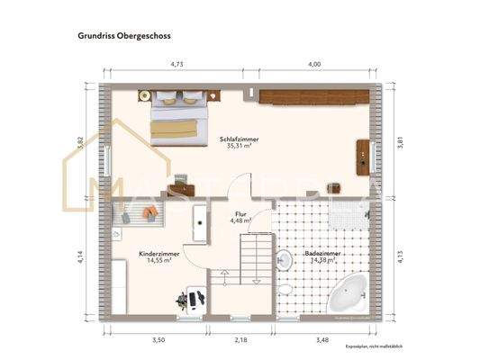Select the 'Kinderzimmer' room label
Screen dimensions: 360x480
[x=158, y=255]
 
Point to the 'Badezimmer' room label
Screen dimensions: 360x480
[x=322, y=255]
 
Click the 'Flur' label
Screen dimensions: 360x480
[x=240, y=214]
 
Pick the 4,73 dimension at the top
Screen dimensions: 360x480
[x=178, y=64]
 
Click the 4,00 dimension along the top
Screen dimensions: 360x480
[x=314, y=64]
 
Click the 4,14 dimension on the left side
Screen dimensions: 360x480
[x=81, y=256]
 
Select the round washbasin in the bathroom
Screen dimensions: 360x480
[x=283, y=261]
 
